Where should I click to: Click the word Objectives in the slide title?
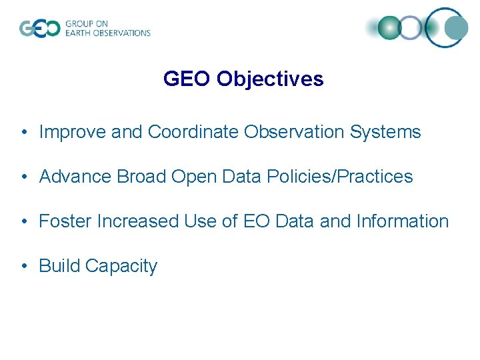click(x=270, y=79)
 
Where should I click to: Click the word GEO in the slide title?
click(x=187, y=79)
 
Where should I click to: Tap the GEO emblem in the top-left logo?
click(x=39, y=29)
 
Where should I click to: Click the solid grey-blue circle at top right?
click(x=456, y=28)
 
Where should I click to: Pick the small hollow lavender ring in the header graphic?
click(x=411, y=28)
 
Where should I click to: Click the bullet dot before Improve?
click(x=23, y=133)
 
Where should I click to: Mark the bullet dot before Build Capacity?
click(x=23, y=266)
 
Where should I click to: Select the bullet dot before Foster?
click(x=23, y=221)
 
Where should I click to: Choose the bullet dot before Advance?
click(x=23, y=177)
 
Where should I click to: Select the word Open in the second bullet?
click(x=193, y=177)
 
